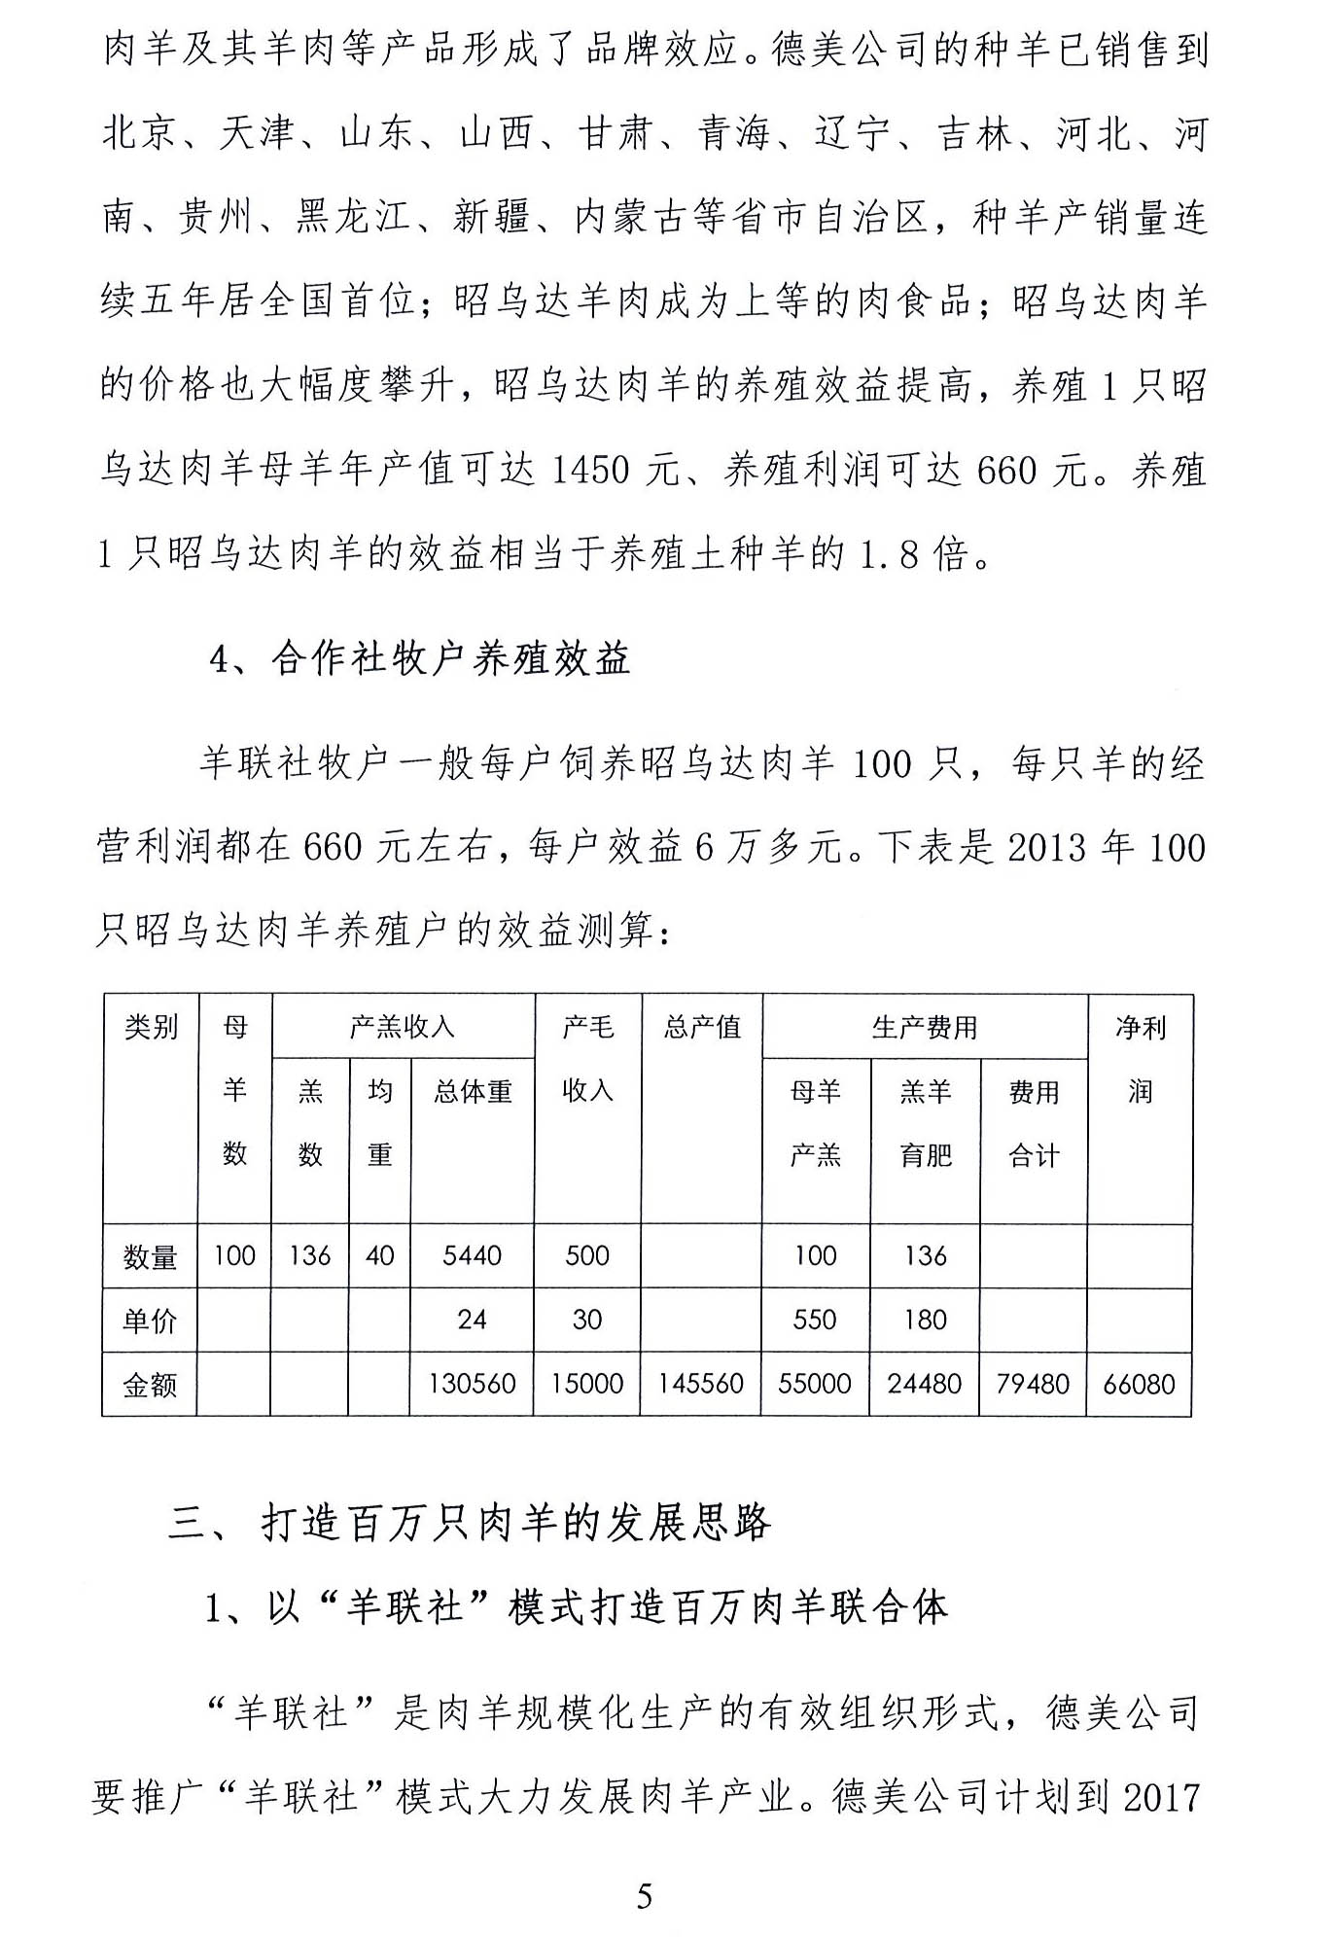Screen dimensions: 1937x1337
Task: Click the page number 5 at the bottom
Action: pos(644,1895)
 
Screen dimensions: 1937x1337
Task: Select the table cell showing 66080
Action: pos(1139,1384)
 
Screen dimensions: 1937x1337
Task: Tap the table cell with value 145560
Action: pos(700,1384)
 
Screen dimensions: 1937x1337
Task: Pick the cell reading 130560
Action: pos(472,1384)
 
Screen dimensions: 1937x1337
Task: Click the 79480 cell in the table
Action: pos(1033,1384)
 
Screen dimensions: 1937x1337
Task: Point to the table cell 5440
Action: pos(472,1255)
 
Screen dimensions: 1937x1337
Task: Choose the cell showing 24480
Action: pos(924,1384)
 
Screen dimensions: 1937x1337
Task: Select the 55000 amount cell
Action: pos(815,1384)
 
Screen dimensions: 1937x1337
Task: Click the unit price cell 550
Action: pos(815,1320)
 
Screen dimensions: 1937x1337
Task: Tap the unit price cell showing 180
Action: pos(925,1320)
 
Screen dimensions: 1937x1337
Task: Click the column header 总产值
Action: pos(701,1027)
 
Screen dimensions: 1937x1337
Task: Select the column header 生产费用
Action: pos(924,1027)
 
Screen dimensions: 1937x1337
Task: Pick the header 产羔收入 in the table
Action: pos(403,1027)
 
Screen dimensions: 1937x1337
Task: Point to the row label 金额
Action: pos(150,1385)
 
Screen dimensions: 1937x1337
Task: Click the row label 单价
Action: pos(150,1321)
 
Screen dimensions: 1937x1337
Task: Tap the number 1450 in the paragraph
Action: pos(590,471)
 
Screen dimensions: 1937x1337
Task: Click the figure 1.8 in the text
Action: pos(889,554)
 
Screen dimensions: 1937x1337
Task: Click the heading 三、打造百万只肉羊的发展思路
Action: pos(469,1523)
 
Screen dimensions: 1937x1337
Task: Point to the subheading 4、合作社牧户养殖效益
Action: pos(420,659)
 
